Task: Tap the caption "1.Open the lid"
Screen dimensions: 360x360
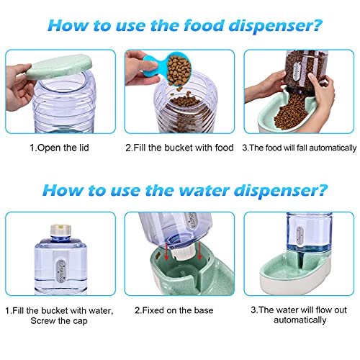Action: [54, 148]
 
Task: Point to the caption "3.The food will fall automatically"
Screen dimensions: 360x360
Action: [299, 148]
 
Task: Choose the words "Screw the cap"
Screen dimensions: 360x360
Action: [56, 321]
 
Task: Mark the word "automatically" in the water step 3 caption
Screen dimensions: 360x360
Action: [298, 321]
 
